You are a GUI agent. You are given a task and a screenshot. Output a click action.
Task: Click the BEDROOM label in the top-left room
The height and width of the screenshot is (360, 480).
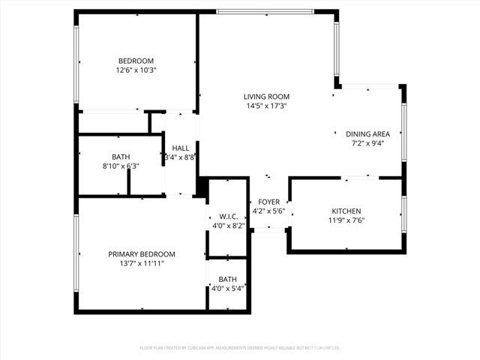pos(136,61)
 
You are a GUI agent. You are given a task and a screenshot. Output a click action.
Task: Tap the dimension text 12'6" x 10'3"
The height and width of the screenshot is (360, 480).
pos(136,70)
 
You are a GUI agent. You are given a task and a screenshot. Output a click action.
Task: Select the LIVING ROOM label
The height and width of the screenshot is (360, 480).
pos(266,97)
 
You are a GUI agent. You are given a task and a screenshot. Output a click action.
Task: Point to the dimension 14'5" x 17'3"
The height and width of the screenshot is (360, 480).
pos(266,106)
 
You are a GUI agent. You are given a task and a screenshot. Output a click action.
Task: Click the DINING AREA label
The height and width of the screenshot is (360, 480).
pos(367,134)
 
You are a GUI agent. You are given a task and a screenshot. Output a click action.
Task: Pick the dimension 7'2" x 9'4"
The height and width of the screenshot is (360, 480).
pos(367,144)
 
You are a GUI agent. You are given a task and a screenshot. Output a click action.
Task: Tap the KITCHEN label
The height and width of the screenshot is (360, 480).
pos(346,211)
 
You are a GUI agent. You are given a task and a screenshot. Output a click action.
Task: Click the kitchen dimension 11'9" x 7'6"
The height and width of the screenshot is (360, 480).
pos(346,221)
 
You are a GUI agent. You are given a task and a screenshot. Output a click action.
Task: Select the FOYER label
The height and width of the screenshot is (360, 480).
pos(268,202)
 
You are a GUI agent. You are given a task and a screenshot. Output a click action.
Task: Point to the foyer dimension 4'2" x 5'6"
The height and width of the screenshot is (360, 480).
pos(268,211)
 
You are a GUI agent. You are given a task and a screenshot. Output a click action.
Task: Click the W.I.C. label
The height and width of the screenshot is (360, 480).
pos(228,216)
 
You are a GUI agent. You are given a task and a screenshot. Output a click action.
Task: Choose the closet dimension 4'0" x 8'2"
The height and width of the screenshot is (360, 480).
pos(228,225)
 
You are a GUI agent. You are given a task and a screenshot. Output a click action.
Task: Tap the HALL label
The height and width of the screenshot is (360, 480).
pos(180,148)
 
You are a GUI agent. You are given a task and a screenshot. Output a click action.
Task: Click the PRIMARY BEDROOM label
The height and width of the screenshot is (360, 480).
pos(141,254)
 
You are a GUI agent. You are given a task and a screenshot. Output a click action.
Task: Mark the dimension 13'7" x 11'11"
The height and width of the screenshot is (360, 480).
pos(141,264)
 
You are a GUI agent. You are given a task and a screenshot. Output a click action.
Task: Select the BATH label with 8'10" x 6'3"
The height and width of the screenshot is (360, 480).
pos(121,157)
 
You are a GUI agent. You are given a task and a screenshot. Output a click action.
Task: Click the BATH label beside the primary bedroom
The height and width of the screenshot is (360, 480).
pos(228,279)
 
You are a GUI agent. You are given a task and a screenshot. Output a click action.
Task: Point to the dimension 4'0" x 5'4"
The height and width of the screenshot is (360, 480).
pos(229,289)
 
